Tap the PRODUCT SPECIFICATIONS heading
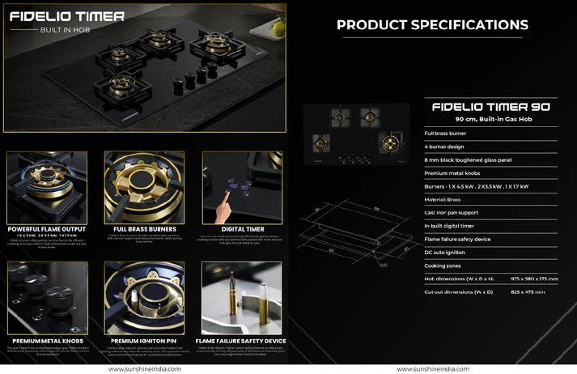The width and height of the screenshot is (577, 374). coord(432,25)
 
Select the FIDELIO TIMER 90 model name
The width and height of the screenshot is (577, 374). coord(490,106)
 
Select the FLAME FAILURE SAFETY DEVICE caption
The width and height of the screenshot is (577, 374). coord(240,341)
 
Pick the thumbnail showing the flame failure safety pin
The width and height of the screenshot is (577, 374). coord(241,297)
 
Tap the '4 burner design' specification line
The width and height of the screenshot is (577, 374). coord(446,147)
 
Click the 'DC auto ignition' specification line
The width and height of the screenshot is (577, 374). coord(447,252)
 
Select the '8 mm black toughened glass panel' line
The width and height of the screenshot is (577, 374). coord(468,159)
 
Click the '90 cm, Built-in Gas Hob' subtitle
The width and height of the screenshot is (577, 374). coord(490,119)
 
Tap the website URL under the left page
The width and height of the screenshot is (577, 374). coord(144,368)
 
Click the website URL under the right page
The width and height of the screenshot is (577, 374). coord(432,368)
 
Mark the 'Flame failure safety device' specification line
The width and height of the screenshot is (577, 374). coord(457,239)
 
